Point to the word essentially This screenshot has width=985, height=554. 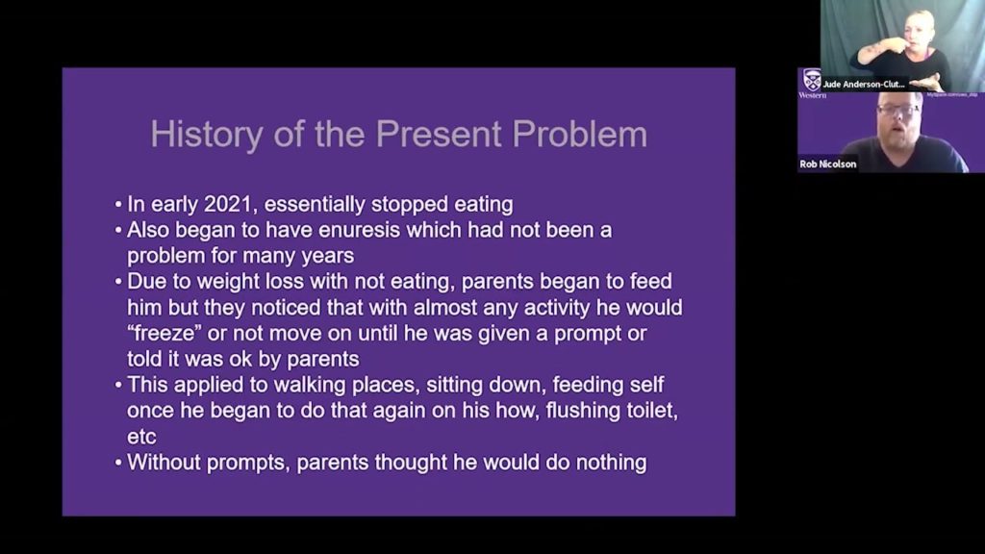click(329, 204)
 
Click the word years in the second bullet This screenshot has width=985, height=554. click(329, 256)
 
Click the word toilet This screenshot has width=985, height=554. click(634, 412)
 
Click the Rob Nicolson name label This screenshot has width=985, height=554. click(827, 164)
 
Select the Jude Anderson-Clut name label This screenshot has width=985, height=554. click(863, 84)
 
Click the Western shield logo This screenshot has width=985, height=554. click(812, 79)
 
